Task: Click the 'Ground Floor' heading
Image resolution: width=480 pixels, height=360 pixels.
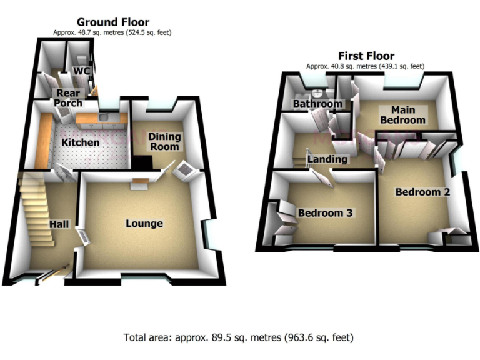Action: tap(112, 22)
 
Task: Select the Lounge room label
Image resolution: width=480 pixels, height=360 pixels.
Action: tap(144, 223)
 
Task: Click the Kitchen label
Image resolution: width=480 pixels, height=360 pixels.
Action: tap(79, 142)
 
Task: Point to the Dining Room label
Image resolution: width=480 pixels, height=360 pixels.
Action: tap(164, 141)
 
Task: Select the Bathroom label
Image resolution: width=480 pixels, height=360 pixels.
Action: tap(318, 104)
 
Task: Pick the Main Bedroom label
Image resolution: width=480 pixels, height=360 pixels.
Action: tap(403, 114)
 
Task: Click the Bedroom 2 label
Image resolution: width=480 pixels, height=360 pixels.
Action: tap(422, 192)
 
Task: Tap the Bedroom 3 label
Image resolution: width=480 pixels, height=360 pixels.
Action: tap(325, 213)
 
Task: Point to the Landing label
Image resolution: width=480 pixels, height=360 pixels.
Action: tap(327, 159)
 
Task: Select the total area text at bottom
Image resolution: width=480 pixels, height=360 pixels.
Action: tap(239, 337)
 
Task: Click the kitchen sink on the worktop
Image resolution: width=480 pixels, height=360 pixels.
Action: tap(104, 116)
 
